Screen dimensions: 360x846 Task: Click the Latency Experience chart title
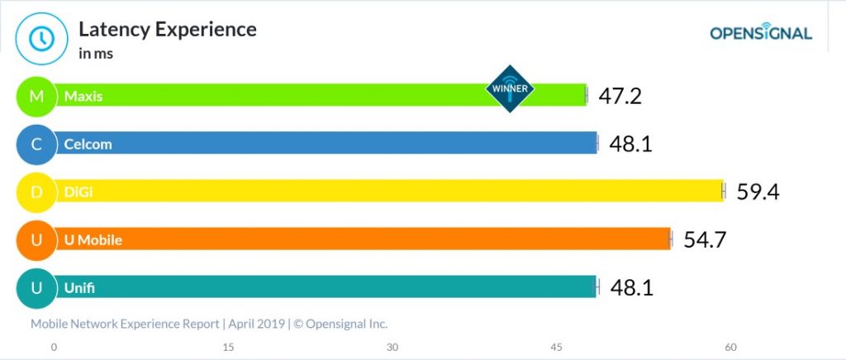pyautogui.click(x=167, y=30)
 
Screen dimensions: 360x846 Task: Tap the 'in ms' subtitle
pyautogui.click(x=96, y=54)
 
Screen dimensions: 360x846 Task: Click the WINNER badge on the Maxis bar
pyautogui.click(x=510, y=88)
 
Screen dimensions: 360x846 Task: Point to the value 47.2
pyautogui.click(x=620, y=96)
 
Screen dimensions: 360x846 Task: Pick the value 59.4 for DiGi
pyautogui.click(x=758, y=192)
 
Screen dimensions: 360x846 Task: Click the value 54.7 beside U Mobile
pyautogui.click(x=705, y=240)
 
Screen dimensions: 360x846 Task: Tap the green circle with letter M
pyautogui.click(x=36, y=96)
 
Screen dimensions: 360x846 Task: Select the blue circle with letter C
pyautogui.click(x=36, y=144)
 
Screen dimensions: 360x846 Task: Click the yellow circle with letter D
pyautogui.click(x=36, y=192)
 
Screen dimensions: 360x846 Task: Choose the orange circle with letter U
pyautogui.click(x=36, y=240)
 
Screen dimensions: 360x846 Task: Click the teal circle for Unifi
pyautogui.click(x=36, y=288)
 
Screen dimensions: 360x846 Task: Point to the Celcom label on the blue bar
pyautogui.click(x=88, y=144)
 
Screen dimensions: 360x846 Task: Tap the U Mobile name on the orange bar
pyautogui.click(x=93, y=240)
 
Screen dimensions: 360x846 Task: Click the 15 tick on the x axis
pyautogui.click(x=228, y=347)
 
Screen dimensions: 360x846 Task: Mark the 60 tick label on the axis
pyautogui.click(x=730, y=347)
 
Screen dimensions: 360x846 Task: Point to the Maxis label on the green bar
pyautogui.click(x=83, y=96)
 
